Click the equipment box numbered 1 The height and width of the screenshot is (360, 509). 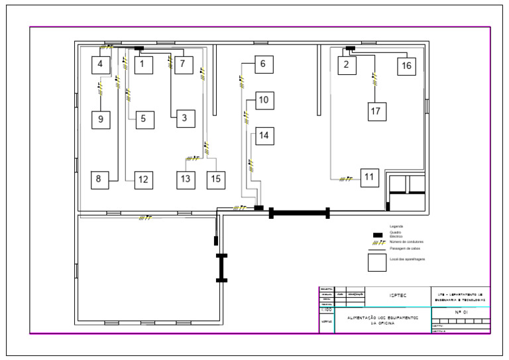coord(142,64)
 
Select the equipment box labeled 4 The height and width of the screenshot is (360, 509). coord(100,64)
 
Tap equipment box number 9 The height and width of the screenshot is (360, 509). coord(100,119)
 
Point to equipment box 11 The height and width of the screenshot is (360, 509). coord(369,177)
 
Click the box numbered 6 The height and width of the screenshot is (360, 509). coord(262,64)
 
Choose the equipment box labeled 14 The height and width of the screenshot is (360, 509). coord(264,135)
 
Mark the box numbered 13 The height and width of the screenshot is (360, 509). coord(186,179)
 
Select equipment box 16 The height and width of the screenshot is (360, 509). coord(406,65)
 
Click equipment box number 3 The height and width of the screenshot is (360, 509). coord(185,118)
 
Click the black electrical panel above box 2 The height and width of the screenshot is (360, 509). coord(350,48)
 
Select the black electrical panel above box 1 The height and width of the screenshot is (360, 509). coord(139,48)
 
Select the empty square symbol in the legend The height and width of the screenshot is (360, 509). coord(377,263)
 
